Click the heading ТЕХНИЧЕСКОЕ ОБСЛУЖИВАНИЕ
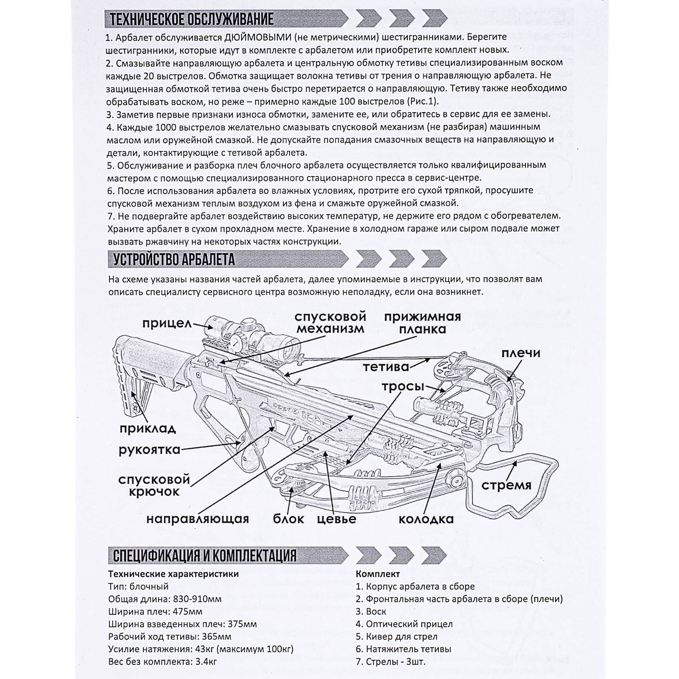coord(192,19)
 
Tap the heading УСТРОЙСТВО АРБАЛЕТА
coord(174,260)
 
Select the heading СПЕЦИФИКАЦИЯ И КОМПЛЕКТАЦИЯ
coord(204,556)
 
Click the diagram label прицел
coord(167,323)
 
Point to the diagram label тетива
coord(386,367)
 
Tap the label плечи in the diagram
coord(520,353)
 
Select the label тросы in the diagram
coord(403,387)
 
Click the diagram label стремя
coord(506,485)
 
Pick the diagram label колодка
coord(426,519)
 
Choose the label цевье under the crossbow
coord(336,519)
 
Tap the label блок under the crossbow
coord(288,519)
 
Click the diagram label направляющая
coord(197,519)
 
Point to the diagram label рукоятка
coord(149,450)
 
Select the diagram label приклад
coord(148,429)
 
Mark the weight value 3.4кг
coord(206,661)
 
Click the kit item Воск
coord(376,611)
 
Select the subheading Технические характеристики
coord(173,574)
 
